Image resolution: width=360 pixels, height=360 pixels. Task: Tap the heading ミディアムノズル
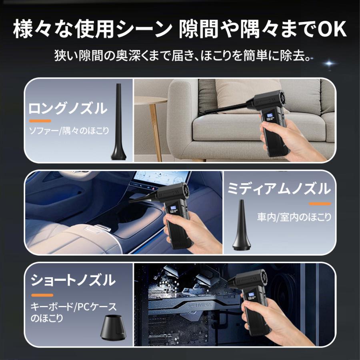click(x=279, y=188)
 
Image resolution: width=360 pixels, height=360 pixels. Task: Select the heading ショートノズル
click(x=72, y=280)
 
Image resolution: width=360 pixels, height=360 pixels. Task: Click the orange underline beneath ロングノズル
click(x=40, y=120)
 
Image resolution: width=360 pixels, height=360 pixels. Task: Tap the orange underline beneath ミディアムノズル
click(x=320, y=204)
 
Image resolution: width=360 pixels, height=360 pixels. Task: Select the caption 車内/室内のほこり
click(x=294, y=217)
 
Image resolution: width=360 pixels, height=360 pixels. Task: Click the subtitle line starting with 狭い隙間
click(x=182, y=55)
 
